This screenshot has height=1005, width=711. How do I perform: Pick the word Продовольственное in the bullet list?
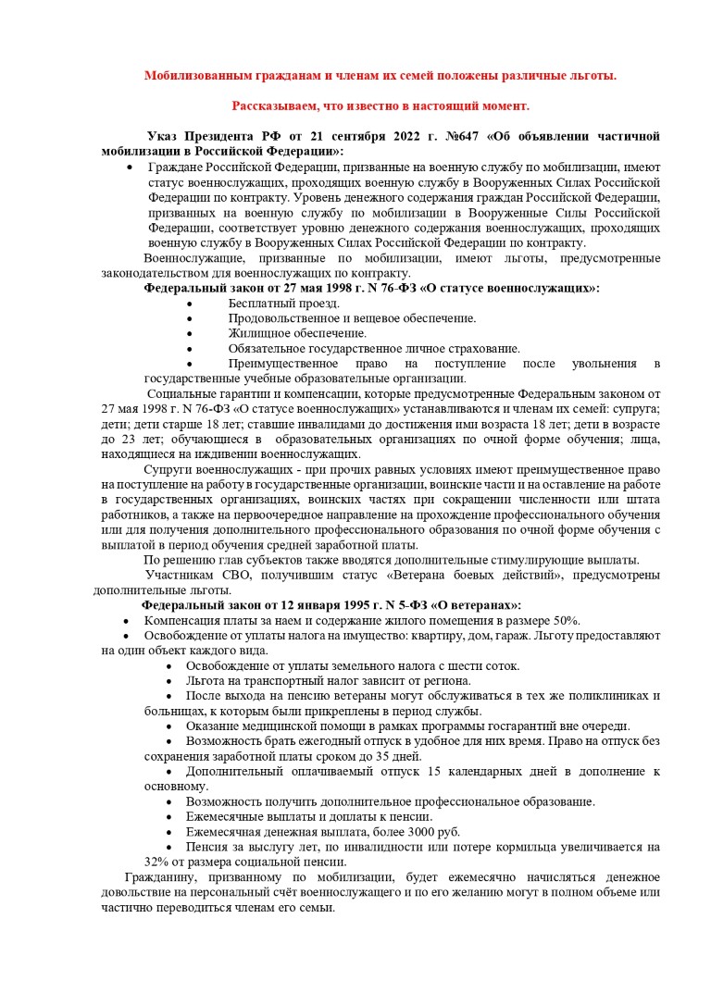click(281, 318)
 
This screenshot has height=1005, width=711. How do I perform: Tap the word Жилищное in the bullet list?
click(256, 333)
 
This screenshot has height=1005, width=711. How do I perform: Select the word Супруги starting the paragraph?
click(166, 470)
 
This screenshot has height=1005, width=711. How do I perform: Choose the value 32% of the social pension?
click(157, 862)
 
